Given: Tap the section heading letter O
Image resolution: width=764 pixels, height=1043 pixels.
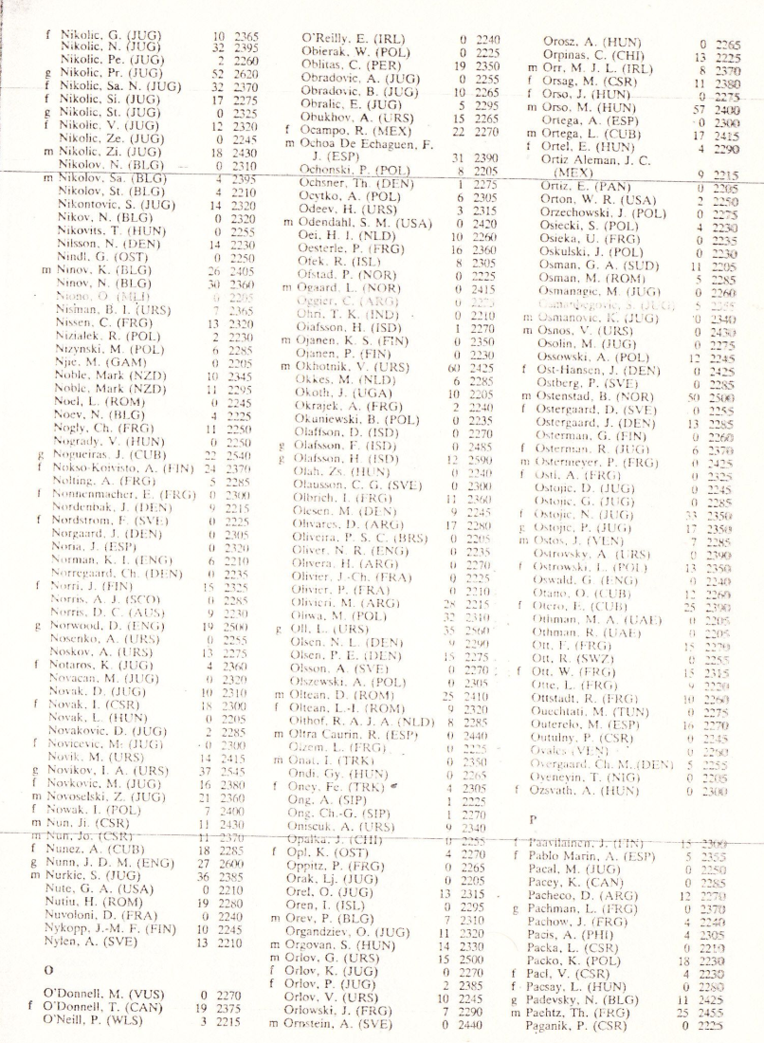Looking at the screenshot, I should tap(45, 972).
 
